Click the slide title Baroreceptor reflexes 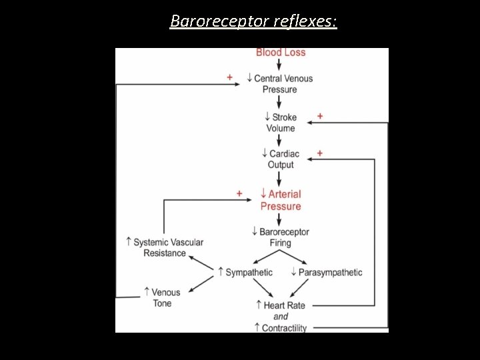tap(253, 21)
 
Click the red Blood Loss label tap(281, 52)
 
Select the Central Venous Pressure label tap(280, 84)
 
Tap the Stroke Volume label tap(281, 123)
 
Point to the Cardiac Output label tap(281, 159)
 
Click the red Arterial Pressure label tap(281, 200)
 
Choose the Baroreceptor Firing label tap(281, 237)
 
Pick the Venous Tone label tap(162, 297)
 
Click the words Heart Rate tap(284, 305)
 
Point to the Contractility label tap(284, 328)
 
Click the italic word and tap(281, 317)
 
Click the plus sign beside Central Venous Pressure tap(230, 77)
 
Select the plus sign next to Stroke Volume tap(320, 116)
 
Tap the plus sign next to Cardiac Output tap(320, 153)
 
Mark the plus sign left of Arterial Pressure tap(239, 193)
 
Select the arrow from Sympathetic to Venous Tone tap(201, 284)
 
